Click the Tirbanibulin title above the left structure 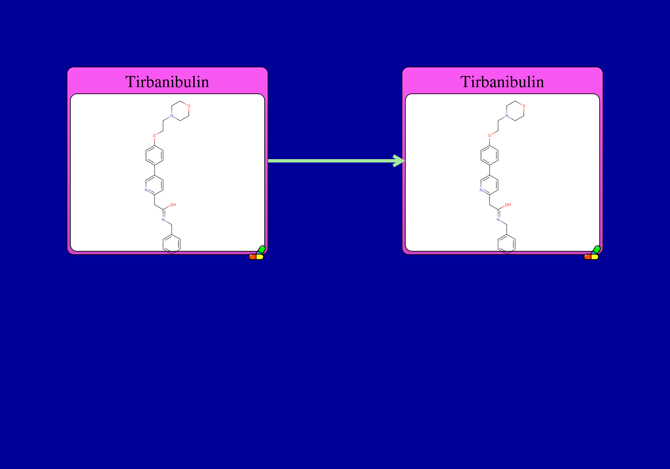[x=167, y=82]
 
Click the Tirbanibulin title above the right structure [x=502, y=82]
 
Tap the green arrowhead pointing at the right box [x=399, y=161]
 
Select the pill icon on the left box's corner [x=257, y=253]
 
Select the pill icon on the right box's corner [x=592, y=253]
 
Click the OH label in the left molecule [x=173, y=205]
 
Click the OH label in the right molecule [x=508, y=205]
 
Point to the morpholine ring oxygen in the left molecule [x=189, y=106]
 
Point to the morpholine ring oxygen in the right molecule [x=524, y=106]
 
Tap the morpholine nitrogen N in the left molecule [x=172, y=116]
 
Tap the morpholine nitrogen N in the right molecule [x=507, y=116]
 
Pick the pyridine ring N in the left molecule [x=146, y=190]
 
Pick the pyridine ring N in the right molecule [x=481, y=190]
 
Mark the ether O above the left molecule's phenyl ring [x=154, y=136]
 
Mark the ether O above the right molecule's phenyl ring [x=489, y=136]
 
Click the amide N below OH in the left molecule [x=163, y=220]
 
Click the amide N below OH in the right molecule [x=498, y=220]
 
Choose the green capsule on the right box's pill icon [x=596, y=250]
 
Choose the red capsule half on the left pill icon [x=253, y=257]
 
